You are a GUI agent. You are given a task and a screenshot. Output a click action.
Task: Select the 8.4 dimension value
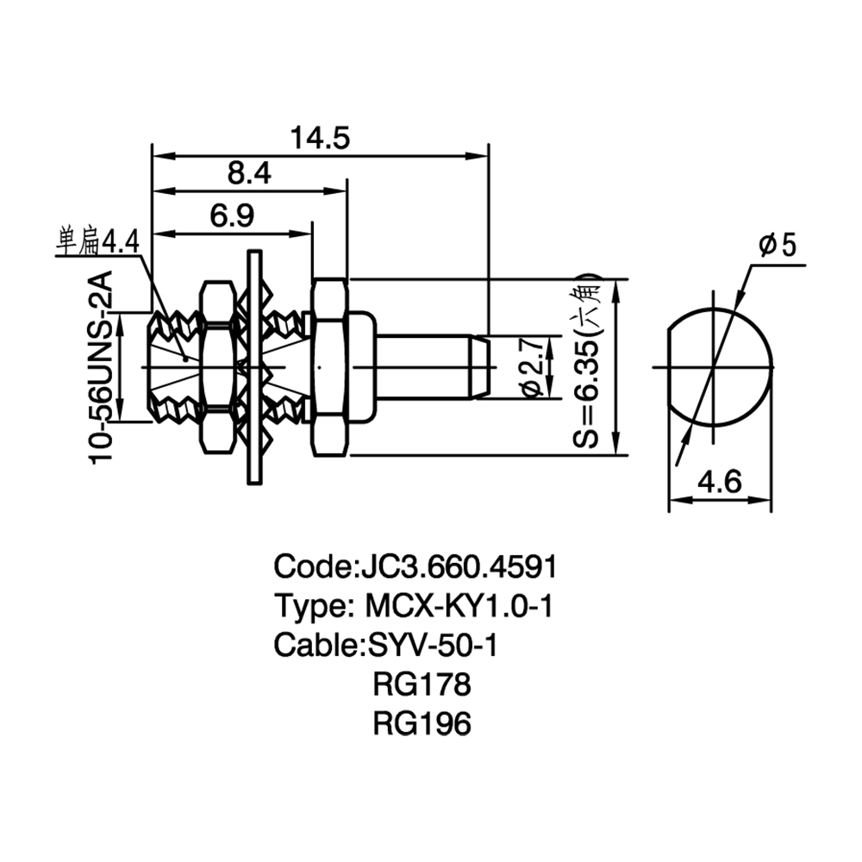pos(250,174)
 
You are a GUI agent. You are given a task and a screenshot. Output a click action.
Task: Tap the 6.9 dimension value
pos(232,215)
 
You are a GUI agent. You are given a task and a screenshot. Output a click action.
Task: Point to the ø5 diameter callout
pos(778,245)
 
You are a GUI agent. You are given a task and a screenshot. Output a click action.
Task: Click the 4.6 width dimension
pos(720,482)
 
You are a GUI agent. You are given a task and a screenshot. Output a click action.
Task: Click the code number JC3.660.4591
pos(459,567)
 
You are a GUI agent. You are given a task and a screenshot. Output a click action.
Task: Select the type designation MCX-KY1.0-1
pos(459,606)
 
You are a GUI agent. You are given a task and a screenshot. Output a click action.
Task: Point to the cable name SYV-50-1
pos(432,645)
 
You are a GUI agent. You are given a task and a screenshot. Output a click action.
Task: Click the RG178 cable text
pos(422,684)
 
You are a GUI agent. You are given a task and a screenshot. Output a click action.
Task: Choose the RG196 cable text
pos(422,723)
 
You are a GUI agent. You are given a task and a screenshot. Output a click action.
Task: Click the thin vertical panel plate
pos(254,367)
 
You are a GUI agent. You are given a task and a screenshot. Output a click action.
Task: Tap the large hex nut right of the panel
pos(330,367)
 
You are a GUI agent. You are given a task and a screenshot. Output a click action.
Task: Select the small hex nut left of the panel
pos(219,367)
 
